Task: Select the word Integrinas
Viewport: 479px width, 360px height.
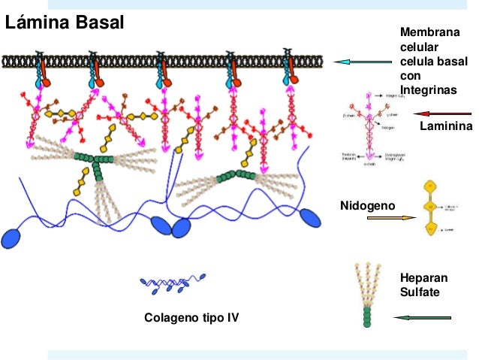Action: [x=426, y=89]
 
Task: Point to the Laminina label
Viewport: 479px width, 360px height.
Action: [x=446, y=126]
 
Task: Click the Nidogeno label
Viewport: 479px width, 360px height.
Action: [x=367, y=205]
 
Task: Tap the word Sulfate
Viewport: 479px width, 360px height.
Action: [x=418, y=292]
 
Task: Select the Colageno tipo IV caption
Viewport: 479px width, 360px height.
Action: [x=191, y=317]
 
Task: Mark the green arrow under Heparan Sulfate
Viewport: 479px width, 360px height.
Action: [x=423, y=317]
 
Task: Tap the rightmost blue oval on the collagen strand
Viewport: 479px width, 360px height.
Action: [x=309, y=216]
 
